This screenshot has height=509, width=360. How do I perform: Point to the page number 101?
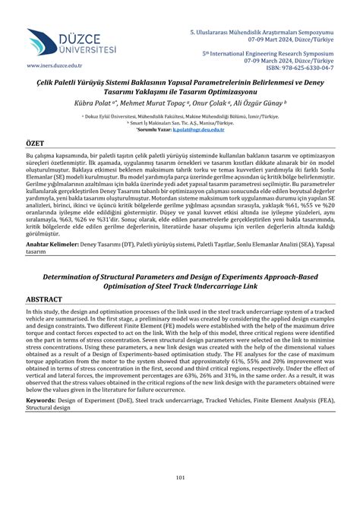180,477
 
